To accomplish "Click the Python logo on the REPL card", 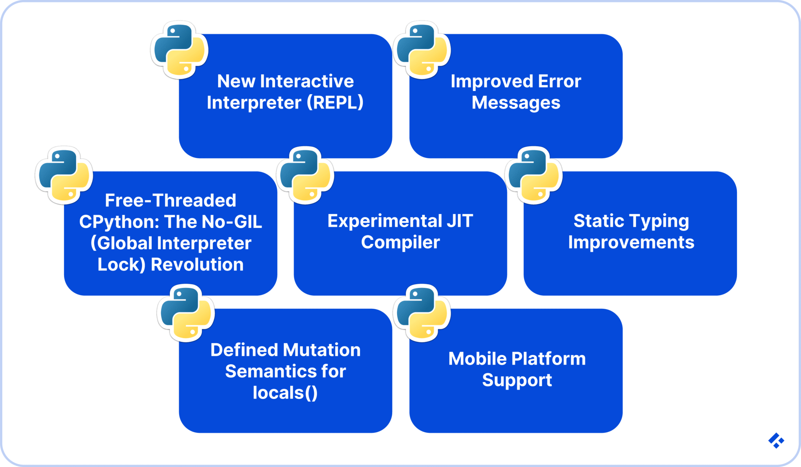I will coord(180,50).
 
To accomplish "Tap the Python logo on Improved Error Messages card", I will coord(422,50).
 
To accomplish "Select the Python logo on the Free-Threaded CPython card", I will coord(64,175).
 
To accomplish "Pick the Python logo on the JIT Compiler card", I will coord(305,175).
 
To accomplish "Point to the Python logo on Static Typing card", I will coord(534,175).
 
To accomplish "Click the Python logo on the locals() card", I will coord(186,313).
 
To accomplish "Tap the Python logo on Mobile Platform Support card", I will coord(422,313).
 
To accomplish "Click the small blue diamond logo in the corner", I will coord(776,440).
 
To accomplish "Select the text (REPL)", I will coord(335,103).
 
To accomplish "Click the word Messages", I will coord(516,103).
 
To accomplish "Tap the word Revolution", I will coord(197,265).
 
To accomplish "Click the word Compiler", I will coord(400,243).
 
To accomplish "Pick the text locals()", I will coord(285,393).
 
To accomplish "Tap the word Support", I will coord(517,380).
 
